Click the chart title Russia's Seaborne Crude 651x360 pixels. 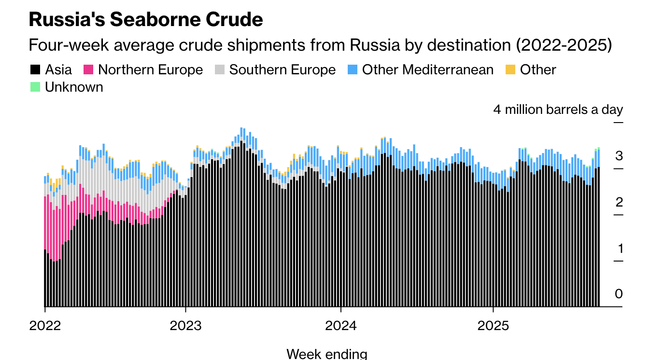click(x=146, y=19)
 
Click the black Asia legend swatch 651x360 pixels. click(x=35, y=70)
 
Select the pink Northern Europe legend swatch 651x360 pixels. click(x=88, y=70)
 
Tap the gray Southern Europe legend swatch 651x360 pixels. click(x=219, y=70)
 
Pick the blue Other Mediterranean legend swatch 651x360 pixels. click(x=352, y=70)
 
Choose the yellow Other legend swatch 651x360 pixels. click(x=510, y=70)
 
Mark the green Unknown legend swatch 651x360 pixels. click(x=35, y=87)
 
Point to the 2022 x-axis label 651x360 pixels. click(x=45, y=326)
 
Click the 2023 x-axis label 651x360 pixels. click(x=185, y=326)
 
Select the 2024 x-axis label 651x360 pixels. click(x=341, y=326)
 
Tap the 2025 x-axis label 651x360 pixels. click(x=493, y=326)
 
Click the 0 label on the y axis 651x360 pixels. click(x=619, y=294)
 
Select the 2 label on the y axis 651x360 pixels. click(x=619, y=203)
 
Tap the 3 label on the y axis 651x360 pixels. click(x=619, y=156)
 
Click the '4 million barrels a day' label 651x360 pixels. click(x=558, y=110)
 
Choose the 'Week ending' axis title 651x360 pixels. click(x=326, y=354)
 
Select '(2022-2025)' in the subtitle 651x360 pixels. click(x=564, y=45)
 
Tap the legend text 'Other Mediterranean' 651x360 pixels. click(x=427, y=70)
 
